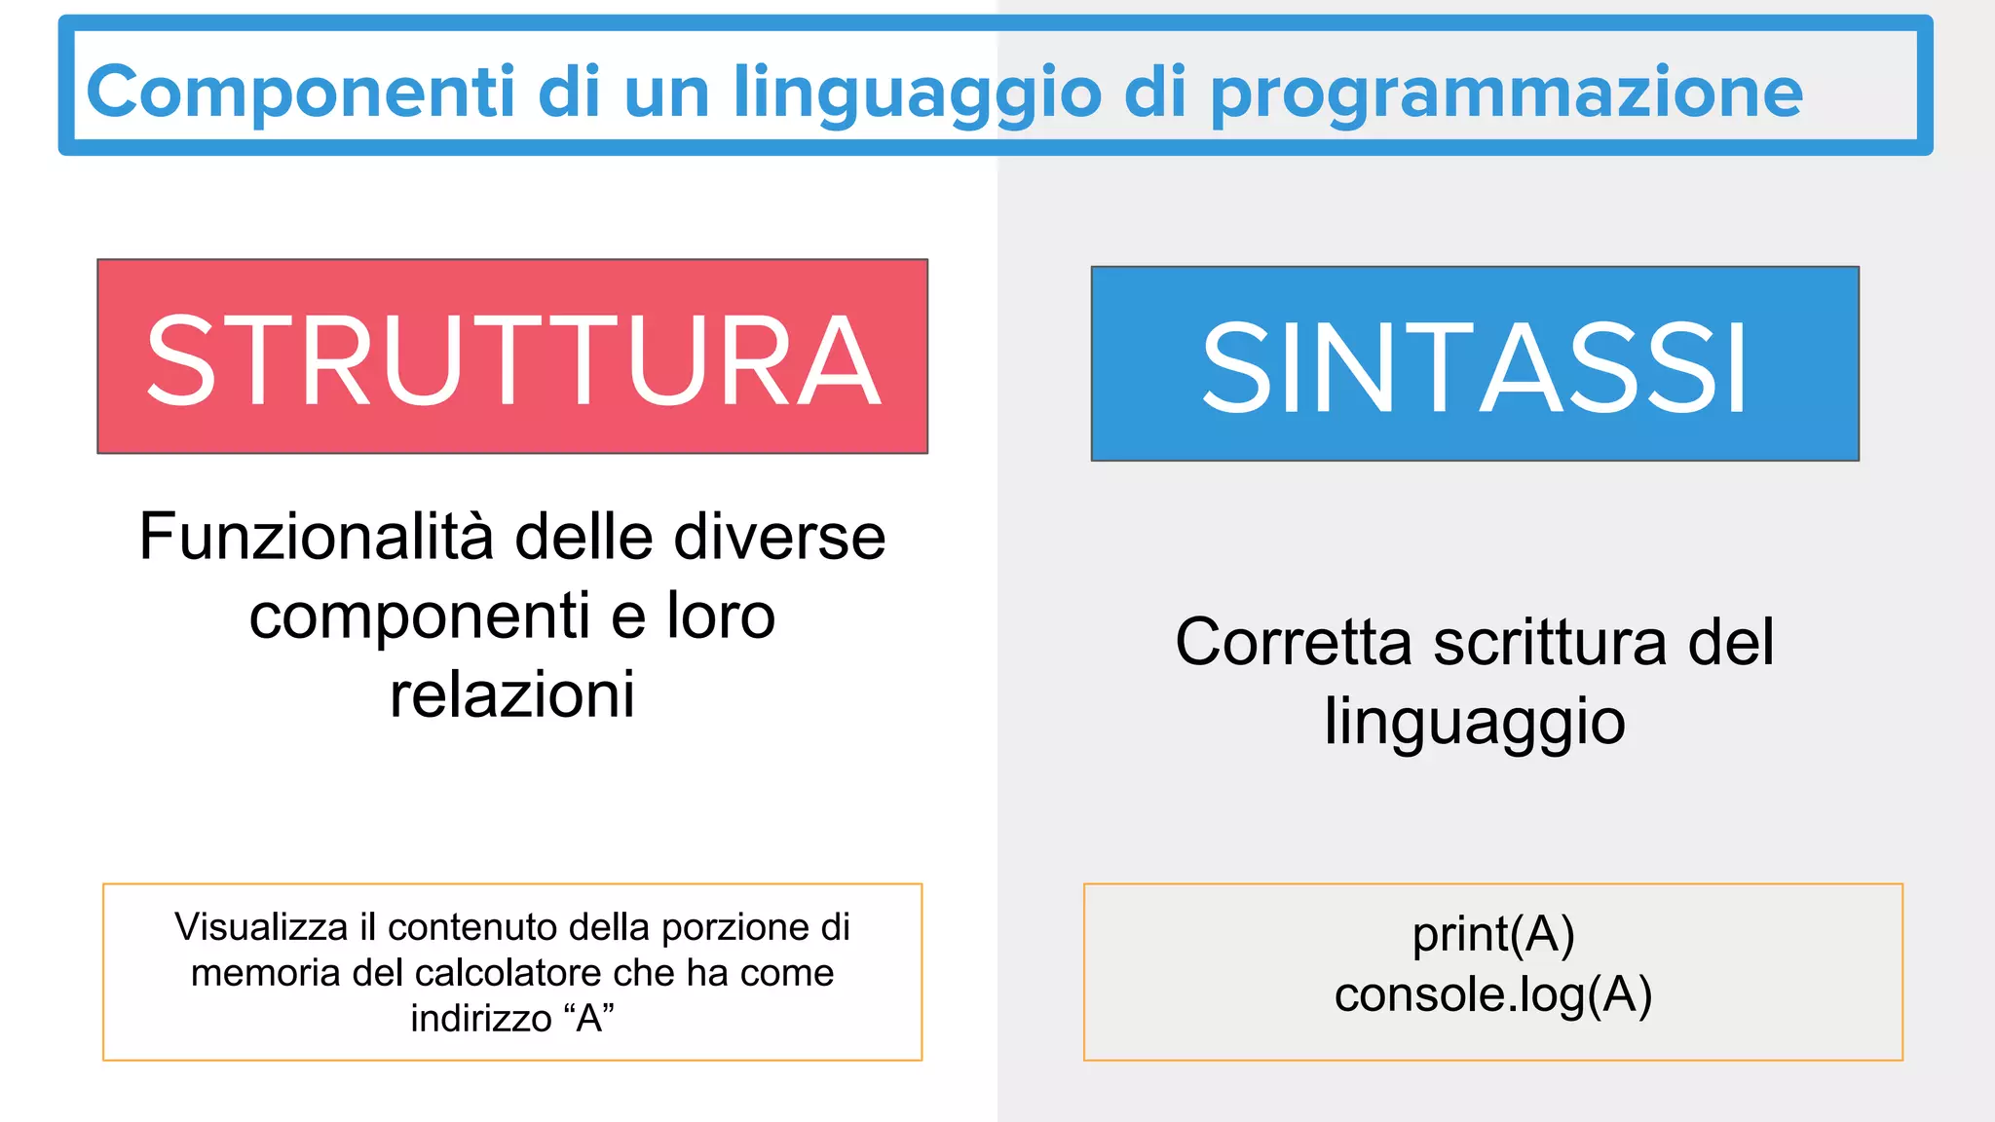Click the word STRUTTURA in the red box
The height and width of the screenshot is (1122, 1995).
click(513, 360)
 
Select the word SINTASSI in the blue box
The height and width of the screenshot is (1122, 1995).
click(1474, 368)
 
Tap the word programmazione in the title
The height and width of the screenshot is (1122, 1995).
click(1506, 93)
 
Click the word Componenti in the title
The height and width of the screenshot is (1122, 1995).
click(300, 93)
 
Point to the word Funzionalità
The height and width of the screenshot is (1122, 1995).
click(316, 537)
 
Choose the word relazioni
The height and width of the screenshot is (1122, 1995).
click(512, 694)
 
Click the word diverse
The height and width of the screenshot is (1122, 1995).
click(779, 537)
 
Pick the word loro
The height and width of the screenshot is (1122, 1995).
click(721, 616)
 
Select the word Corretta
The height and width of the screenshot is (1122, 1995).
click(1293, 643)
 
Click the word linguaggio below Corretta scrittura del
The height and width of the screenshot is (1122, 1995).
click(1475, 723)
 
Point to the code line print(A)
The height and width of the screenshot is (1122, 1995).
click(1493, 934)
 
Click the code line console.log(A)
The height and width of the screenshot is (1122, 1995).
click(1493, 994)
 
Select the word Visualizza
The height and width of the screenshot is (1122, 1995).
click(260, 927)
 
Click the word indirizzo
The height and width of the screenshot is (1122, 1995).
click(481, 1019)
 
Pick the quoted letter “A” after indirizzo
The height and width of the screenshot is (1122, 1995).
click(589, 1019)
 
